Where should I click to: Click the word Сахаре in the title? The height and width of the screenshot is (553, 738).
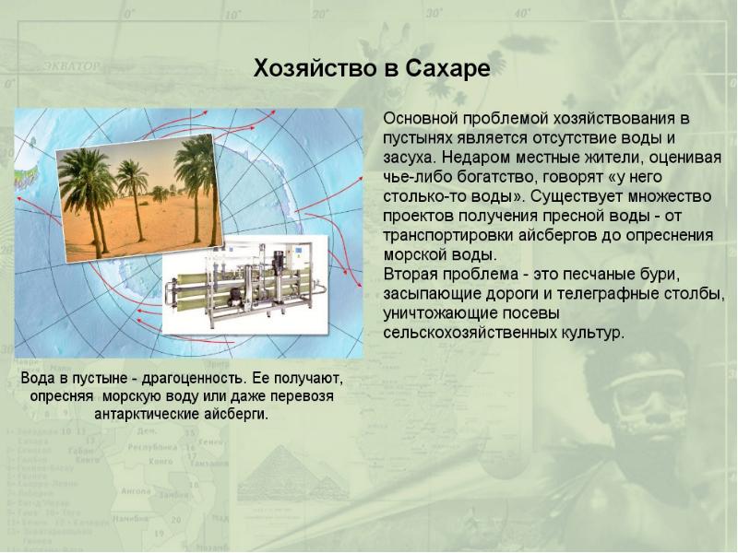click(x=447, y=68)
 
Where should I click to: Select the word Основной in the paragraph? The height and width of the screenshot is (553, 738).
click(x=421, y=119)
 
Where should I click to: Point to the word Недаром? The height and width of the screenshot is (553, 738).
click(x=475, y=157)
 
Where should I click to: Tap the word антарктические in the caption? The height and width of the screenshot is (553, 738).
click(x=147, y=415)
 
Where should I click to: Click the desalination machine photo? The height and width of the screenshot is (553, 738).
click(x=244, y=285)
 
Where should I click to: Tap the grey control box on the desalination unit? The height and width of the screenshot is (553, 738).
click(x=296, y=256)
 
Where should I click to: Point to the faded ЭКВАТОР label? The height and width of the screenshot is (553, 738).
click(x=72, y=65)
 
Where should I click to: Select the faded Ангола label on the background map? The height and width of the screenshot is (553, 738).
click(x=136, y=491)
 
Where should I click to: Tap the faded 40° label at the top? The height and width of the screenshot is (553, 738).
click(x=522, y=13)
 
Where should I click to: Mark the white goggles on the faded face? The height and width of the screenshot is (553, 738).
click(x=645, y=388)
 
